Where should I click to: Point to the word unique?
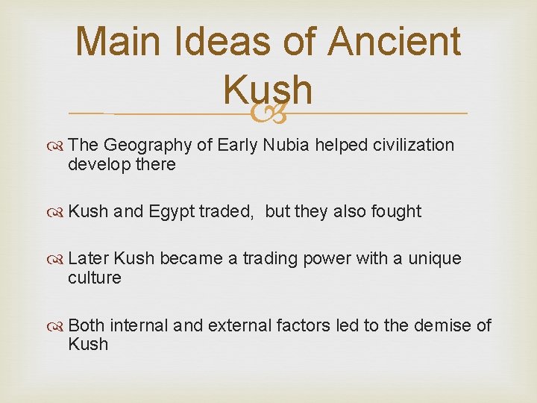pos(435,259)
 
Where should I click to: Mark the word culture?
pos(94,278)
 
